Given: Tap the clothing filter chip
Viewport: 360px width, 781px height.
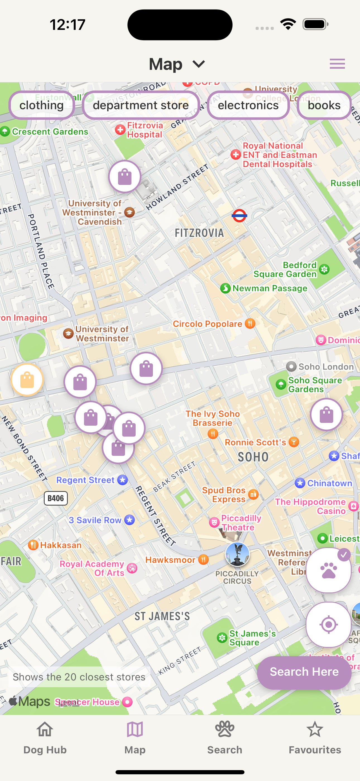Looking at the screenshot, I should pyautogui.click(x=42, y=105).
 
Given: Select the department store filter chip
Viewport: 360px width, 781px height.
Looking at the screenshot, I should pyautogui.click(x=141, y=105).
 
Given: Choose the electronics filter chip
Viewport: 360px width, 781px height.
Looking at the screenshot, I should pyautogui.click(x=248, y=105).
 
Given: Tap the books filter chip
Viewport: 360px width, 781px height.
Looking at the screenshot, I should pyautogui.click(x=324, y=105).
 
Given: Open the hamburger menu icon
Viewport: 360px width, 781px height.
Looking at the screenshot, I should pyautogui.click(x=337, y=64).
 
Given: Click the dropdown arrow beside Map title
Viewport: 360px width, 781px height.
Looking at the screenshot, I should pyautogui.click(x=199, y=64).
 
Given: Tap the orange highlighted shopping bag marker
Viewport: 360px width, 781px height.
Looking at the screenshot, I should pyautogui.click(x=27, y=380).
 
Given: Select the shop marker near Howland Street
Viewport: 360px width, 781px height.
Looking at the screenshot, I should pyautogui.click(x=124, y=177).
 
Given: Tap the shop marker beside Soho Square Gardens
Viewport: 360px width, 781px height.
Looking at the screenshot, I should pyautogui.click(x=326, y=415).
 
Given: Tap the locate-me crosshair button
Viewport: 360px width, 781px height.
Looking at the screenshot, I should pyautogui.click(x=328, y=625).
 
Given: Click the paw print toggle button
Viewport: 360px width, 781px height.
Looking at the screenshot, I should pyautogui.click(x=328, y=570).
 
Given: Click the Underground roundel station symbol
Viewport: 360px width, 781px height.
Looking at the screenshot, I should pyautogui.click(x=239, y=216).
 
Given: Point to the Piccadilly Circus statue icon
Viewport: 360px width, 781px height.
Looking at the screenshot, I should pyautogui.click(x=237, y=554).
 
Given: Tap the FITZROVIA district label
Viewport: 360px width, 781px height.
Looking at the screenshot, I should pyautogui.click(x=199, y=233).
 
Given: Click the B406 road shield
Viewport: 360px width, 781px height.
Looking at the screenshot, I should pyautogui.click(x=56, y=498).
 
